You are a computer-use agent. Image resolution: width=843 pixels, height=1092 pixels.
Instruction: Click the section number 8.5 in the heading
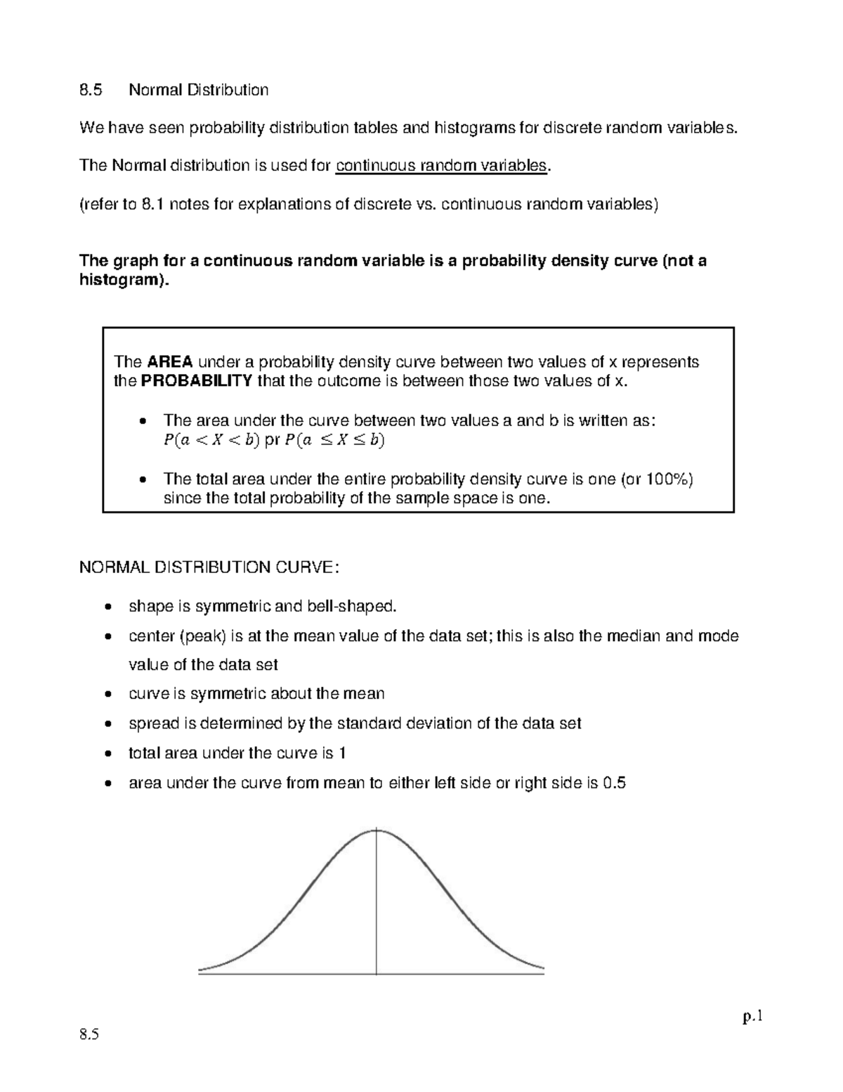point(91,90)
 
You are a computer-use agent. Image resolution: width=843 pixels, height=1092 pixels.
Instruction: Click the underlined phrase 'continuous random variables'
point(441,165)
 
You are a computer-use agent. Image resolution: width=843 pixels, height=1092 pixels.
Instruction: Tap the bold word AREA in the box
point(169,362)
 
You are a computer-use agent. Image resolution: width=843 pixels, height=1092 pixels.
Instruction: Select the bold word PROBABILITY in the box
point(197,381)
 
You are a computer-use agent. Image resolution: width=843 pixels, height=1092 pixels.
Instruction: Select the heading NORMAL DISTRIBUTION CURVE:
point(209,567)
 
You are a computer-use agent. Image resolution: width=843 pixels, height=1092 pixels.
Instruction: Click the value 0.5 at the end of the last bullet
point(614,783)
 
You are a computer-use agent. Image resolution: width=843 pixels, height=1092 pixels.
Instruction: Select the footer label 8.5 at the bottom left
point(90,1034)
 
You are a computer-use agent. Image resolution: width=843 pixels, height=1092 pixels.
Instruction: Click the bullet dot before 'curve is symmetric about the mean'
point(107,695)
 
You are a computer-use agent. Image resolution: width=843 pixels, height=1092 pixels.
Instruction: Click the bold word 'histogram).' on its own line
point(124,280)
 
